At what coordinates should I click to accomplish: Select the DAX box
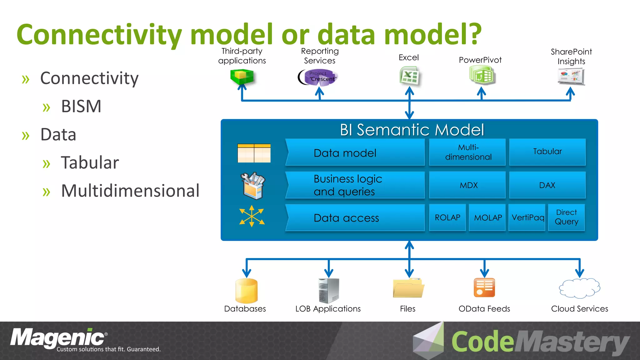(x=547, y=185)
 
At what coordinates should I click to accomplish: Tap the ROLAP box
(x=447, y=217)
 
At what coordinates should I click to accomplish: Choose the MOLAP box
(x=487, y=217)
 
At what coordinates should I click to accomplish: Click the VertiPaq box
(x=527, y=217)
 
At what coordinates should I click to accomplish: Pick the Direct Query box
(x=566, y=217)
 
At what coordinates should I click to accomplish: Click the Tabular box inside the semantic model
(x=547, y=152)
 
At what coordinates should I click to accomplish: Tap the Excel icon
(x=409, y=76)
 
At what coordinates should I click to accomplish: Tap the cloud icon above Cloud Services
(x=579, y=288)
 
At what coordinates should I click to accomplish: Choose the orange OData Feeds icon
(x=484, y=287)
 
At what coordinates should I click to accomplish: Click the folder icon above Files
(x=408, y=288)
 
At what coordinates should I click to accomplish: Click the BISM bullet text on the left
(x=81, y=107)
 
